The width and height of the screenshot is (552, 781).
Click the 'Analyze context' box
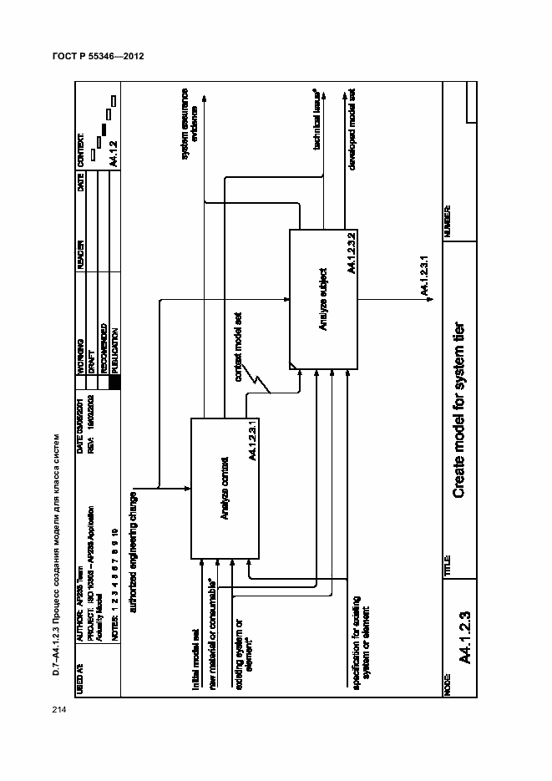225,487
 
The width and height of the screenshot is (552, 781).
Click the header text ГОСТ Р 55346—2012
99,58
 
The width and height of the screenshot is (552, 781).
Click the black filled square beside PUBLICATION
114,381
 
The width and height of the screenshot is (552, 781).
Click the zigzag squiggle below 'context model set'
264,381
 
